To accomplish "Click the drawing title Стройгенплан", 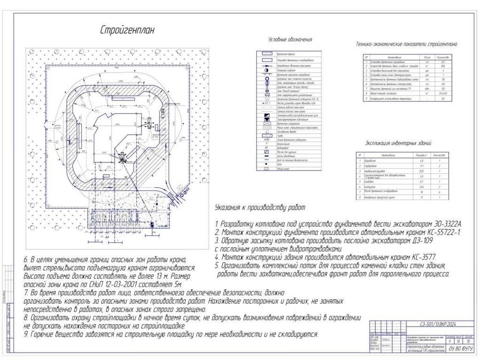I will [x=127, y=30].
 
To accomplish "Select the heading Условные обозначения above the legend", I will [x=290, y=40].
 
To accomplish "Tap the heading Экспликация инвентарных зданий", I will [x=398, y=143].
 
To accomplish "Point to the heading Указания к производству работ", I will [x=259, y=207].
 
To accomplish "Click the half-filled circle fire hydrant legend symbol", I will [x=266, y=70].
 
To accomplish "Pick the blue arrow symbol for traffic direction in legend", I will [x=266, y=65].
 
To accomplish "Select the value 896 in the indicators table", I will [x=444, y=66].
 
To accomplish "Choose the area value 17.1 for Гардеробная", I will [x=422, y=166].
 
